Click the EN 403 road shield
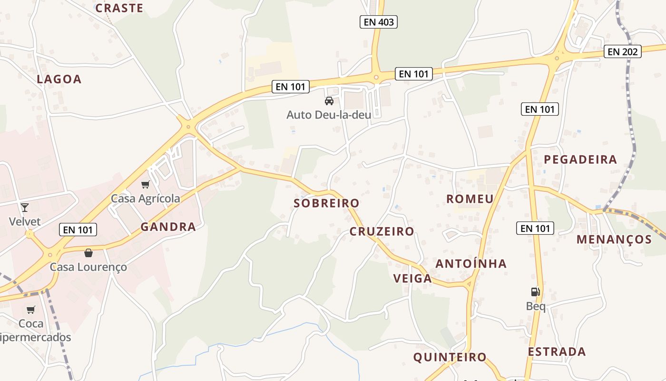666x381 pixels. coord(378,22)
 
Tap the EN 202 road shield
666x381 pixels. coord(623,51)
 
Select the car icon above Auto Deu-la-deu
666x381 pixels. coord(329,100)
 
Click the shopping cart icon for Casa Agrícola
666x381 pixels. coord(146,184)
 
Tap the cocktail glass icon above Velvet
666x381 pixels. coord(25,207)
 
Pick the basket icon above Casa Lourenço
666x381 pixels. coord(88,253)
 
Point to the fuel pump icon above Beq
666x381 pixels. coord(536,292)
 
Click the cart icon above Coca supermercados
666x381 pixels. coord(31,310)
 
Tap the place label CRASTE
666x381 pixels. coord(119,8)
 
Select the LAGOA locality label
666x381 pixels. coord(59,79)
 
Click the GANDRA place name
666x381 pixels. coord(168,227)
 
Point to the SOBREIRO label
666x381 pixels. coord(326,203)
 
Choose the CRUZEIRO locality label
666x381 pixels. coord(382,231)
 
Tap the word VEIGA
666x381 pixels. coord(413,279)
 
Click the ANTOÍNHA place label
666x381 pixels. coord(471,263)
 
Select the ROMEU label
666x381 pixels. coord(470,199)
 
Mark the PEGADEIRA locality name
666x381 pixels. coord(580,160)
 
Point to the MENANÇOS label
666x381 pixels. coord(614,239)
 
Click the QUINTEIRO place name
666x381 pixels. coord(450,357)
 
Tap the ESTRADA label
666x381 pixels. coord(557,352)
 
